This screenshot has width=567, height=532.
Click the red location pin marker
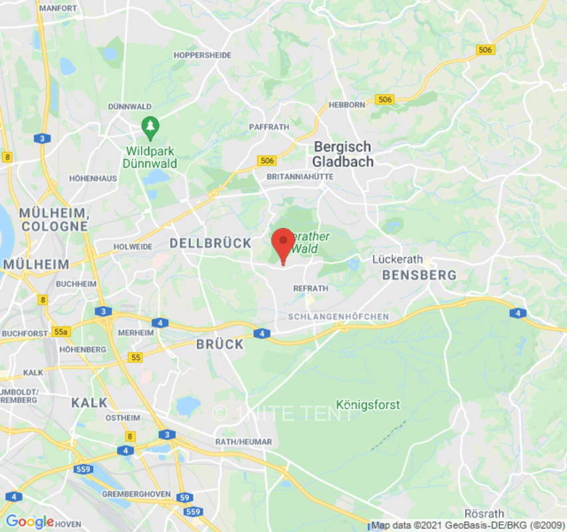(283, 243)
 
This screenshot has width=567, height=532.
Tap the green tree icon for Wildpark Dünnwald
(151, 126)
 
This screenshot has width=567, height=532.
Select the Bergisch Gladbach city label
(343, 154)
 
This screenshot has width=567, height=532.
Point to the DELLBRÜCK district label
(211, 243)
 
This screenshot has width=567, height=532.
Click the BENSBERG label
(419, 275)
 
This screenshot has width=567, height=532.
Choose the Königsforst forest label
(368, 404)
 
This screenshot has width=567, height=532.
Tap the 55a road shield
(62, 331)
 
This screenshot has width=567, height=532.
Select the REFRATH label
(310, 289)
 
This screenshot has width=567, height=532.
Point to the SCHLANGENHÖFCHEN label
(338, 317)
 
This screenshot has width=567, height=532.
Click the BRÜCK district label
(220, 344)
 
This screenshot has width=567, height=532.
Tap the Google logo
(29, 521)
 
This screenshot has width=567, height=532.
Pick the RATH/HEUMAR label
(243, 442)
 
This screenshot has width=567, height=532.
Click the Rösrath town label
(485, 513)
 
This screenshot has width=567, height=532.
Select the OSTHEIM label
(123, 418)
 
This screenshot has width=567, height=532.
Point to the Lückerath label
(398, 259)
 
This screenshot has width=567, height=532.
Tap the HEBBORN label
(346, 105)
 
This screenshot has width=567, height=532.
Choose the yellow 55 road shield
(136, 358)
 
